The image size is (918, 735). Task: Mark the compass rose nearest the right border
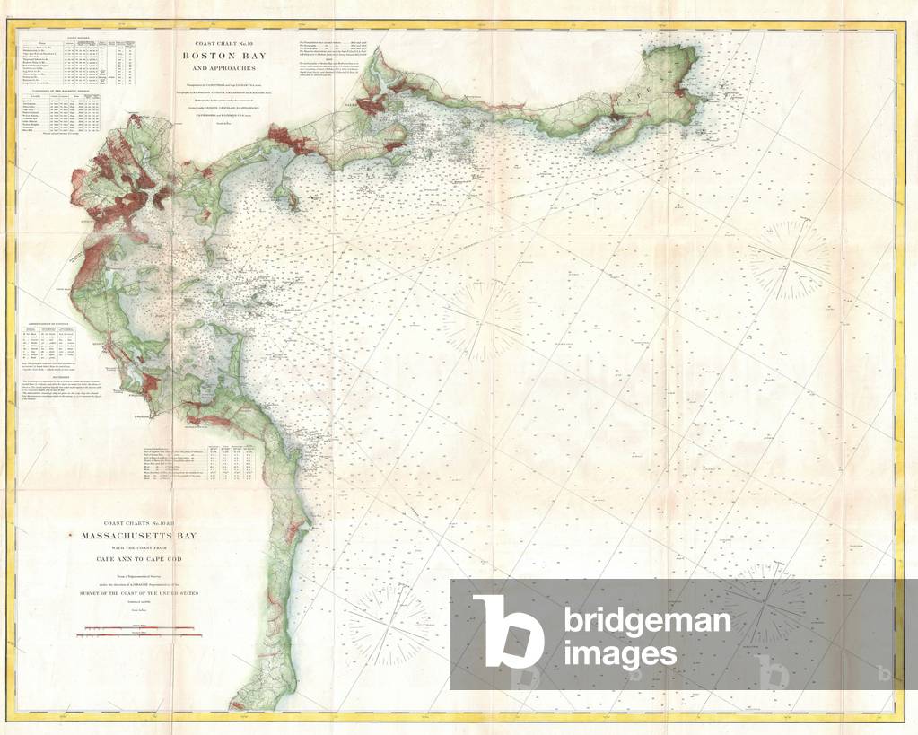tap(790, 260)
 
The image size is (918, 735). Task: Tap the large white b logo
tap(508, 633)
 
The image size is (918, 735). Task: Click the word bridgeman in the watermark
tap(646, 620)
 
